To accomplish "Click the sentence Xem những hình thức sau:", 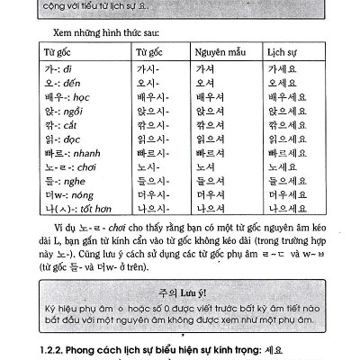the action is pyautogui.click(x=99, y=31).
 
